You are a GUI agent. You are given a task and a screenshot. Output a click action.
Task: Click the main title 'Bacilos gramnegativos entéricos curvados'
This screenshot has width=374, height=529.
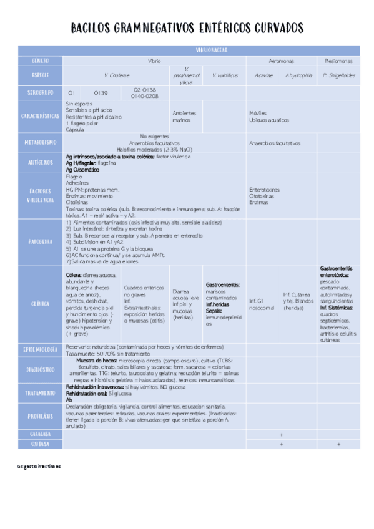187,29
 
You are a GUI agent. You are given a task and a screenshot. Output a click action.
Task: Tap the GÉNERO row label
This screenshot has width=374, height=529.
41,61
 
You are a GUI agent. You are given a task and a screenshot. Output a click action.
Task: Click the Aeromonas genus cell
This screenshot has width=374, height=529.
281,61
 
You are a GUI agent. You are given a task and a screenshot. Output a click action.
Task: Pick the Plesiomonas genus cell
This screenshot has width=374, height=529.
338,61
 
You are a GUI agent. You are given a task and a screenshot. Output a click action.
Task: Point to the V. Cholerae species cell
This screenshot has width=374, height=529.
117,75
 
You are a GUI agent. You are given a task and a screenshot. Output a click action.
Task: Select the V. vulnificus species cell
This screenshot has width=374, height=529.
225,75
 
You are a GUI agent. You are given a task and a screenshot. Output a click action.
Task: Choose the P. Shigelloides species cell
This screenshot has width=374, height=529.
338,75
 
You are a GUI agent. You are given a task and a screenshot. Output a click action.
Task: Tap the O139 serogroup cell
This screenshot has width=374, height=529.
101,93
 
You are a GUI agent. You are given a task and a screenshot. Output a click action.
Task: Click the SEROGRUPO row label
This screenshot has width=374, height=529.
41,93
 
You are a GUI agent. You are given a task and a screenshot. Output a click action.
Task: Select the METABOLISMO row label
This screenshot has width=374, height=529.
41,142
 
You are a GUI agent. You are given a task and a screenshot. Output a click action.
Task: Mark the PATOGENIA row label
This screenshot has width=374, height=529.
41,240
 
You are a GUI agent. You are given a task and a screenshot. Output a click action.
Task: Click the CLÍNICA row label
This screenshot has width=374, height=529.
41,304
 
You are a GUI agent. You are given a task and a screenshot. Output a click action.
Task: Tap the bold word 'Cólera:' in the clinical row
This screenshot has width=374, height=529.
76,274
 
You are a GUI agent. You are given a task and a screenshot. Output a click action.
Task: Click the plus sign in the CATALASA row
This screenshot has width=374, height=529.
281,433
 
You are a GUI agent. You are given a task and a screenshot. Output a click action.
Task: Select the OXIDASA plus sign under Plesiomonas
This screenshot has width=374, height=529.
338,444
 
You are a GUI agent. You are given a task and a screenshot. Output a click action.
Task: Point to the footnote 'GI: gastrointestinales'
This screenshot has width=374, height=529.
39,467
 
